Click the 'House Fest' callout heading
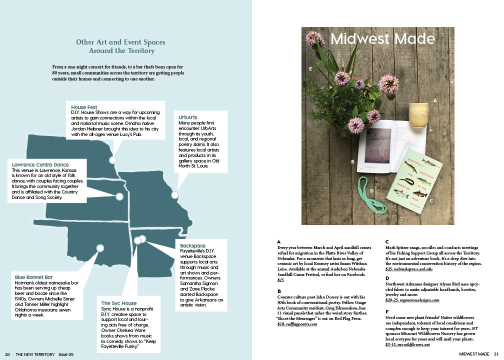tap(84, 107)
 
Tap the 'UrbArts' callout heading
tap(188, 117)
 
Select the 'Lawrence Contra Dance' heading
tap(40, 164)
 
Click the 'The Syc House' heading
tap(118, 303)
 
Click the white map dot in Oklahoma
tap(100, 248)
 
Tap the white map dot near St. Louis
tap(175, 195)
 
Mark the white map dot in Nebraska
tap(112, 160)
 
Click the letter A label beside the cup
tap(435, 100)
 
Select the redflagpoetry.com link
tap(300, 324)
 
